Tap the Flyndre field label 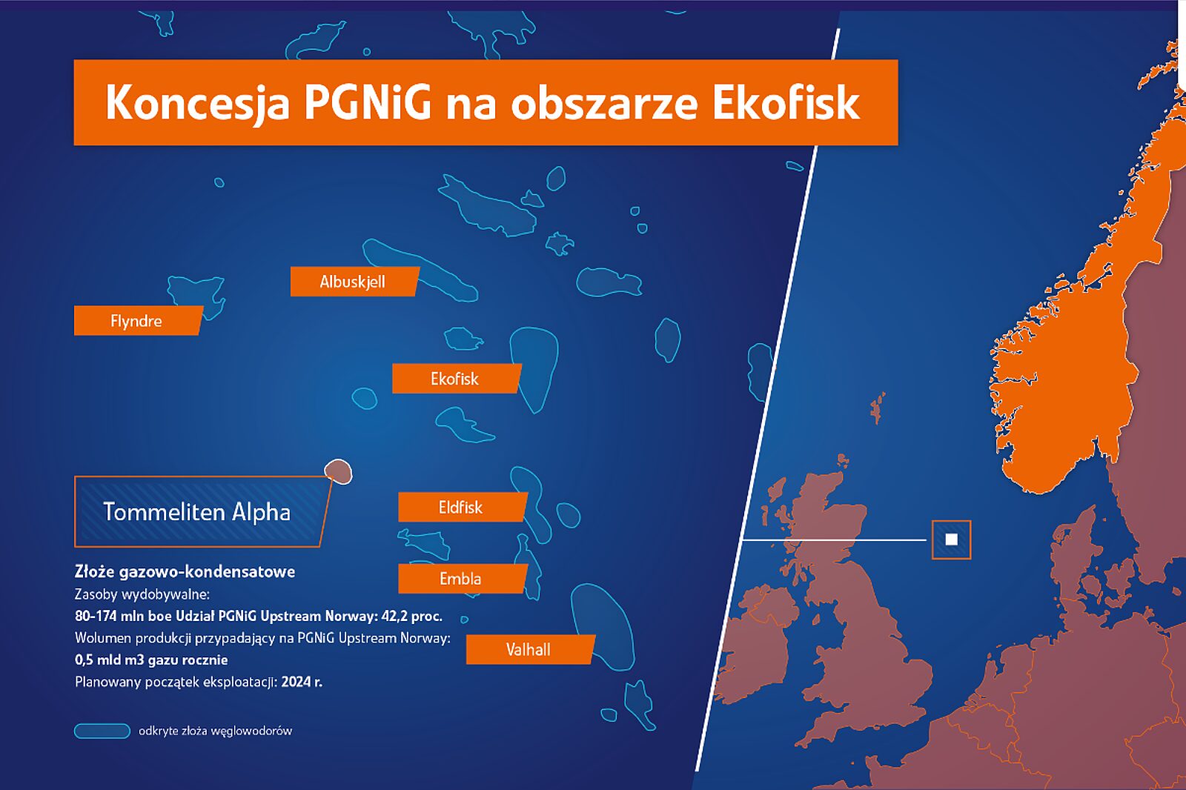pyautogui.click(x=138, y=320)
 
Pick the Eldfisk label pyautogui.click(x=463, y=507)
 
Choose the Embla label pyautogui.click(x=463, y=578)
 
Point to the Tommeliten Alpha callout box pyautogui.click(x=203, y=511)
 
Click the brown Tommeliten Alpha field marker pyautogui.click(x=338, y=471)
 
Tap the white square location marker pyautogui.click(x=952, y=540)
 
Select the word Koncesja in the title pyautogui.click(x=197, y=103)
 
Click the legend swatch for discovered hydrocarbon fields pyautogui.click(x=102, y=731)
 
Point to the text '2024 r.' pyautogui.click(x=302, y=682)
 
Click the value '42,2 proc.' pyautogui.click(x=411, y=616)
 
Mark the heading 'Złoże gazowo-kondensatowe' pyautogui.click(x=185, y=572)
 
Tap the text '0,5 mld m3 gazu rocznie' pyautogui.click(x=151, y=660)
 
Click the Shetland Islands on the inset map pyautogui.click(x=878, y=408)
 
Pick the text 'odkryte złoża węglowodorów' pyautogui.click(x=215, y=731)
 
